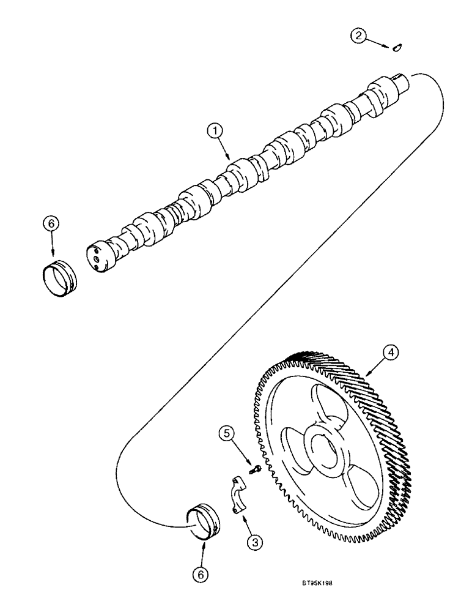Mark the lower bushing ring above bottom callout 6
[205, 522]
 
